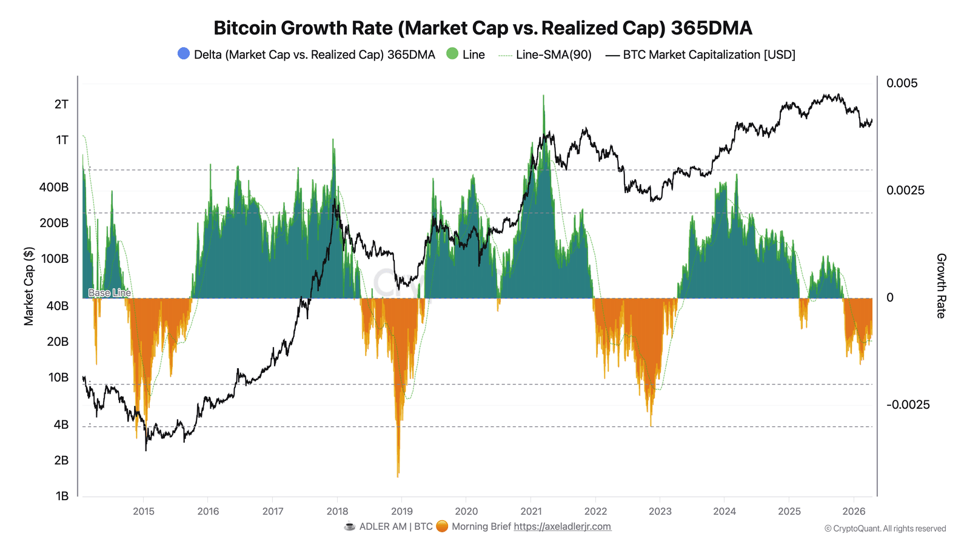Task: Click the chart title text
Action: coord(483,28)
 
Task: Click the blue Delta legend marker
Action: coord(184,53)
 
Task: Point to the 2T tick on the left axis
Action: coord(61,104)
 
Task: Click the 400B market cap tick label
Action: coord(54,187)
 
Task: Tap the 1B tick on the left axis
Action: coord(62,496)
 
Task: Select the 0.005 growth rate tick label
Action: coord(901,83)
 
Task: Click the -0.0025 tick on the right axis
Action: coord(908,405)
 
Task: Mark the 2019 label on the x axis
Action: coord(402,511)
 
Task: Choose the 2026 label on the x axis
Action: coord(854,511)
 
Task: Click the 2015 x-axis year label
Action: coord(144,511)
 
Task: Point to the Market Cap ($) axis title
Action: coord(28,286)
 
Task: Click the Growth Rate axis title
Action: coord(941,286)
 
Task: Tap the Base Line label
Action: coord(110,293)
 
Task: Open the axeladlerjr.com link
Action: coord(562,526)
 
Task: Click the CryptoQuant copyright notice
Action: coord(885,529)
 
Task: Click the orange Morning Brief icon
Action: coord(442,526)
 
